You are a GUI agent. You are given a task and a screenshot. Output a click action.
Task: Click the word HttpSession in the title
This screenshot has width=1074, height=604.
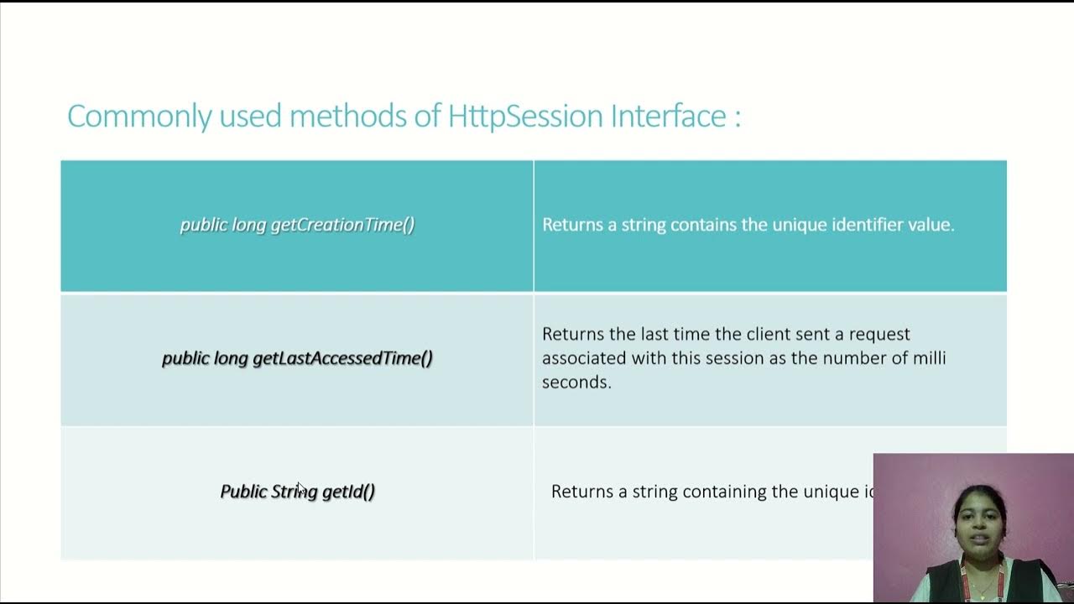tap(525, 116)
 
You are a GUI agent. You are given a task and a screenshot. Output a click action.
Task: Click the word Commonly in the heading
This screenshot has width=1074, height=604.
tap(139, 116)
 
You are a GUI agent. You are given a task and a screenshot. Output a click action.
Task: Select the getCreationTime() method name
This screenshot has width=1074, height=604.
tap(342, 225)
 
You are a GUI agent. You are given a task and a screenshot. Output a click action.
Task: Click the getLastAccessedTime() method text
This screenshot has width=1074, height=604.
tap(342, 358)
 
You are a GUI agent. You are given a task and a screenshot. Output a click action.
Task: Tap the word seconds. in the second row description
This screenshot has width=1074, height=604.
tap(576, 383)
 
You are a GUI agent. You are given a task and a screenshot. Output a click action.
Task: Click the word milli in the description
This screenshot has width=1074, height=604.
tap(928, 358)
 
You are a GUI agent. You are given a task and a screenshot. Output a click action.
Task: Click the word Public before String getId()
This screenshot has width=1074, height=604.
tap(243, 492)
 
